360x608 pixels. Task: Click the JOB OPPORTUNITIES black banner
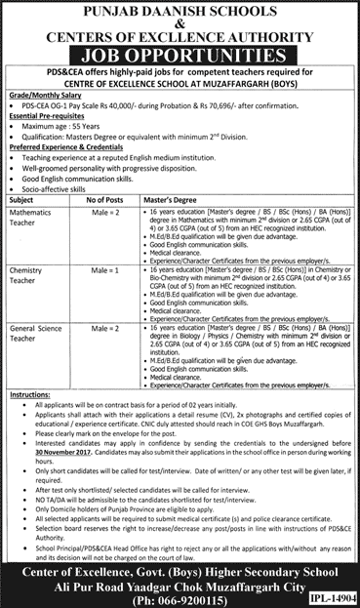(179, 50)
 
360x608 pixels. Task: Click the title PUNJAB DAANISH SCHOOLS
(180, 11)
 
